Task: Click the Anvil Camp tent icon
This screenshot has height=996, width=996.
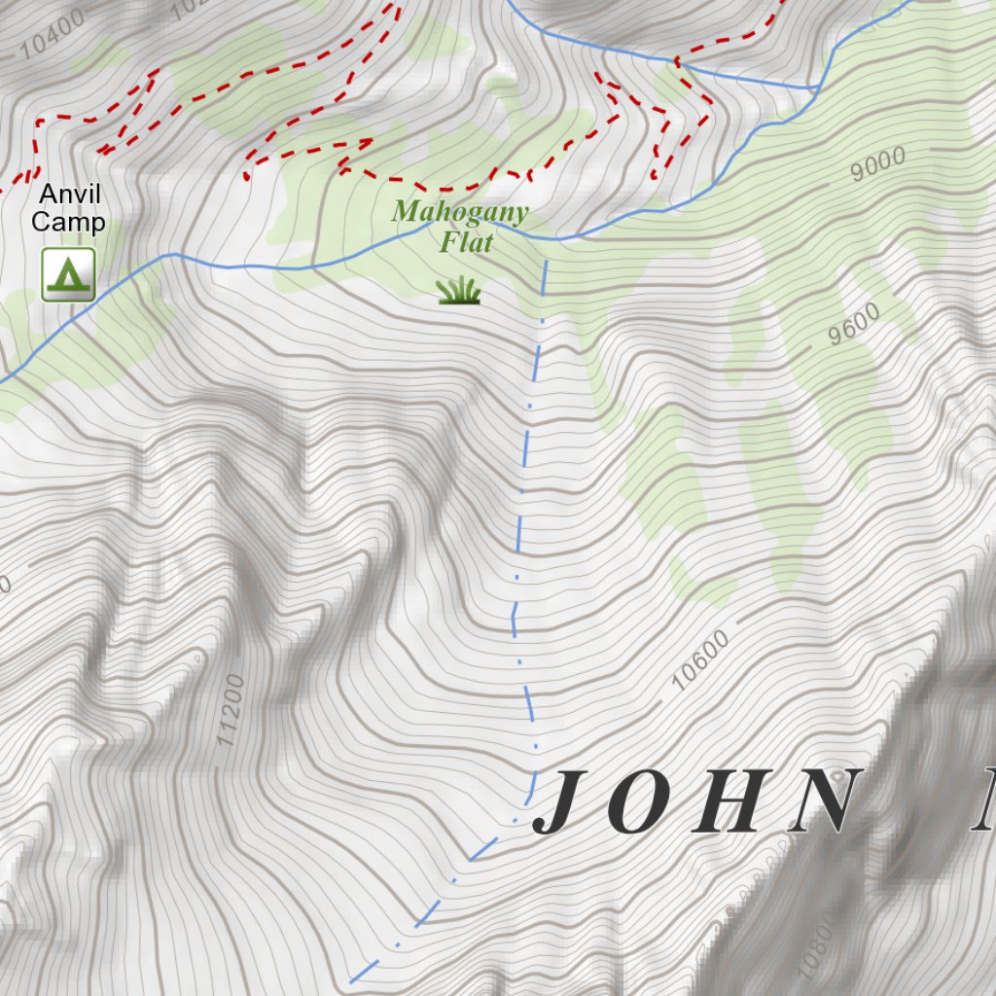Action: (68, 274)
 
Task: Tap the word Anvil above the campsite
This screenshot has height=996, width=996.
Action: (68, 195)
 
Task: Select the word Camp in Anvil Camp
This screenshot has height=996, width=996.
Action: (68, 223)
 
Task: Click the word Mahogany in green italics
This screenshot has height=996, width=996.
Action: (460, 213)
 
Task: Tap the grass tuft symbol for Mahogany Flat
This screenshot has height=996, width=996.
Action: (459, 290)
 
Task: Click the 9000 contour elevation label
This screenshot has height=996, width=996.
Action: (877, 163)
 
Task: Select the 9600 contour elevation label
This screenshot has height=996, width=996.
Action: (855, 325)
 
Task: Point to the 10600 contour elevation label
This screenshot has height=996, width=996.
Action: (700, 660)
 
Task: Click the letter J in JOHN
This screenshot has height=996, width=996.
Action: (563, 802)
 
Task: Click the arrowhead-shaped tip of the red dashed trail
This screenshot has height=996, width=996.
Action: (371, 143)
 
